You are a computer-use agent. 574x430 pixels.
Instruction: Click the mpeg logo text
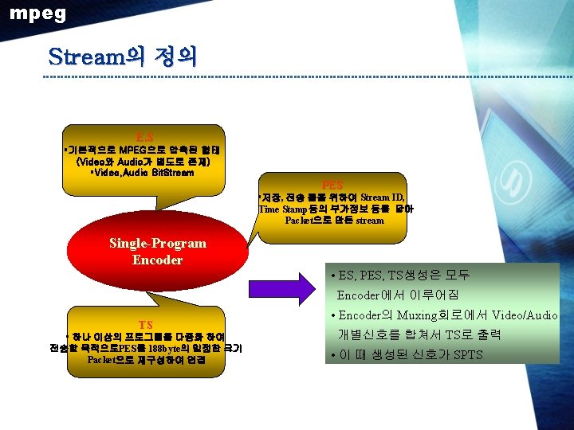click(x=37, y=14)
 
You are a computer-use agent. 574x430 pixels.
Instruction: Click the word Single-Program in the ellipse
click(x=158, y=243)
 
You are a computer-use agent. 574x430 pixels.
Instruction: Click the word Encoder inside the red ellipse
click(x=158, y=260)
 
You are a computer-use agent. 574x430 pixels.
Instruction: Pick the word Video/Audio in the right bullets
click(x=525, y=315)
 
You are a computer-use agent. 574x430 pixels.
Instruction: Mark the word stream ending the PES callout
click(x=371, y=220)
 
